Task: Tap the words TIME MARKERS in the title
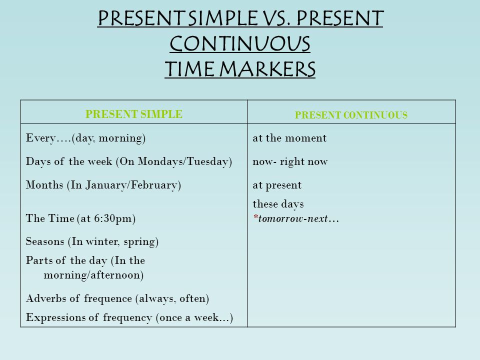click(x=240, y=68)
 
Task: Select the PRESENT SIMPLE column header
click(x=134, y=114)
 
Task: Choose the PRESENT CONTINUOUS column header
click(x=351, y=115)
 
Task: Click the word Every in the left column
click(x=40, y=138)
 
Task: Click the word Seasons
click(x=45, y=241)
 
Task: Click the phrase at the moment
click(x=289, y=138)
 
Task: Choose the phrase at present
click(x=277, y=185)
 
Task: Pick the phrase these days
click(x=278, y=204)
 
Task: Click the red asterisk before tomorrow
click(x=255, y=216)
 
